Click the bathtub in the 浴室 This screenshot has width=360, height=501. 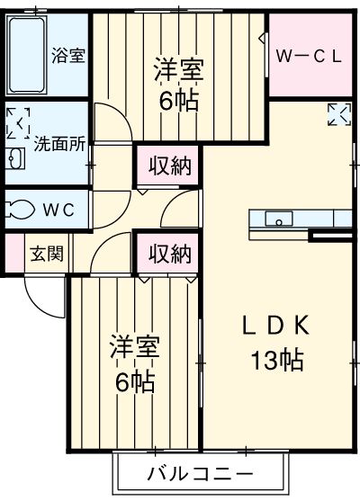[27, 55]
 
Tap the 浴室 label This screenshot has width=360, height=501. [67, 55]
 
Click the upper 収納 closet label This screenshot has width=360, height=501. [169, 166]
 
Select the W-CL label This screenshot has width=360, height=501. [307, 55]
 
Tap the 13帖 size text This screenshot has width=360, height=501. [275, 361]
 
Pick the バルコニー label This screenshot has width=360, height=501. [200, 473]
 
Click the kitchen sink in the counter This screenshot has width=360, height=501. [279, 219]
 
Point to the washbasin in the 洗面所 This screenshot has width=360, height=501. [15, 158]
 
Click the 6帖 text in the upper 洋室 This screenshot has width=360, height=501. [178, 99]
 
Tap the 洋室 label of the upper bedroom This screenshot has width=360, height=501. [178, 70]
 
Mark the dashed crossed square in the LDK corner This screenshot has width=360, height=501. [339, 114]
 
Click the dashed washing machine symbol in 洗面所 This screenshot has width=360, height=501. [18, 123]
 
